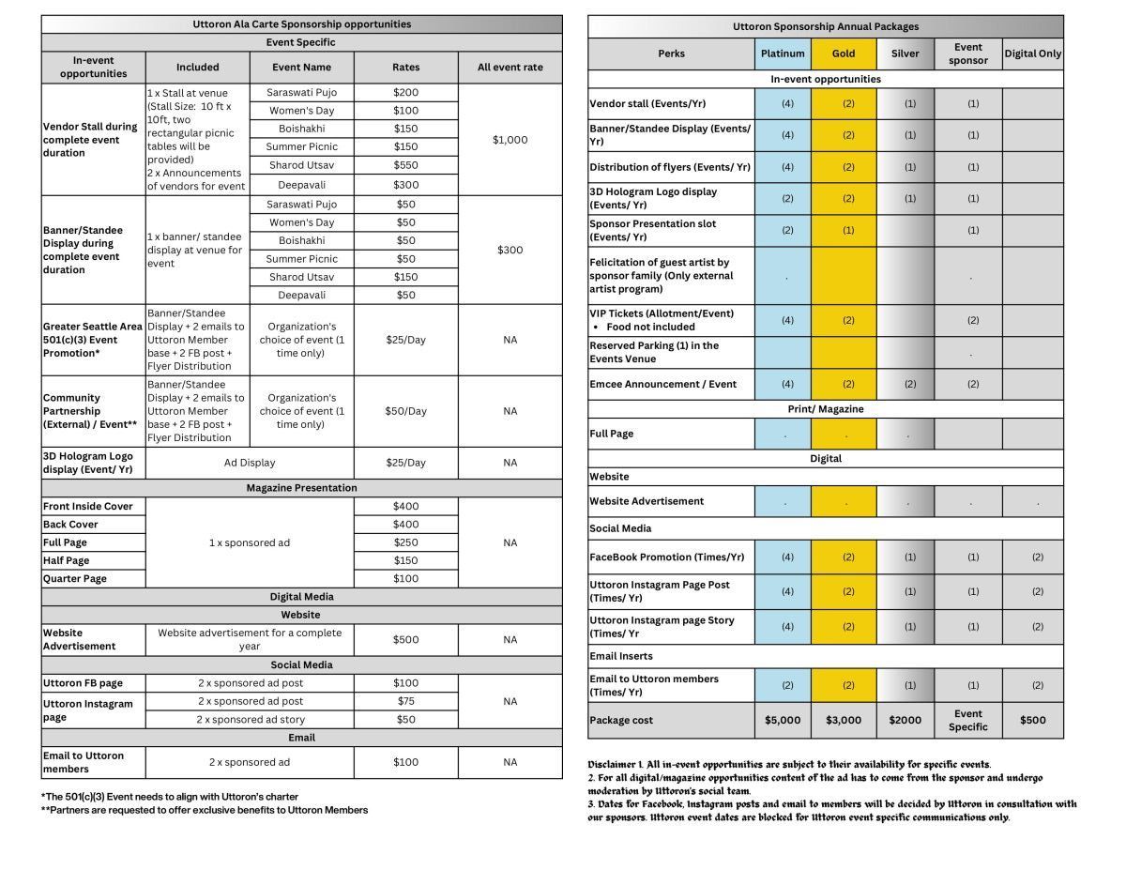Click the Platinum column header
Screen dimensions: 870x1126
tap(783, 53)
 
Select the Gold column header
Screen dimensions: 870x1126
tap(844, 53)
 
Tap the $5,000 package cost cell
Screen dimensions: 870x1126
tap(783, 720)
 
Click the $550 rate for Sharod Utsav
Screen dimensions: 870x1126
tap(406, 165)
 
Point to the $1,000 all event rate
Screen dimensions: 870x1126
tap(510, 140)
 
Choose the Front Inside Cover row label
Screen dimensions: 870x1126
tap(88, 506)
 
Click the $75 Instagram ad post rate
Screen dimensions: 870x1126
tap(406, 701)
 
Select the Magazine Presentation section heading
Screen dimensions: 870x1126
tap(301, 488)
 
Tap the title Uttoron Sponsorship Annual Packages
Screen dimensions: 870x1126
tap(826, 26)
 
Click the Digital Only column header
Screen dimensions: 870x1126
tap(1033, 53)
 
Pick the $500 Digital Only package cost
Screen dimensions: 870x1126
tap(1033, 720)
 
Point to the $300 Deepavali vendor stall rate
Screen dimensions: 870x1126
tap(406, 185)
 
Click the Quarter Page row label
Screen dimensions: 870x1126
tap(76, 578)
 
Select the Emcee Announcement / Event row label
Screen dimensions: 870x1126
tap(649, 384)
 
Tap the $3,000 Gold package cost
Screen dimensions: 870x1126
tap(844, 720)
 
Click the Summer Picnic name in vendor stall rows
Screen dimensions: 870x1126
tap(301, 146)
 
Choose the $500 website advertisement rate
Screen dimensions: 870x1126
tap(406, 639)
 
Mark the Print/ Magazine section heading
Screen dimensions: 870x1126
tap(826, 409)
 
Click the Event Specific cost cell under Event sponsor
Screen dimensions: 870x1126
tap(967, 720)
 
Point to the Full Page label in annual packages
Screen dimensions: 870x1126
tap(612, 434)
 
